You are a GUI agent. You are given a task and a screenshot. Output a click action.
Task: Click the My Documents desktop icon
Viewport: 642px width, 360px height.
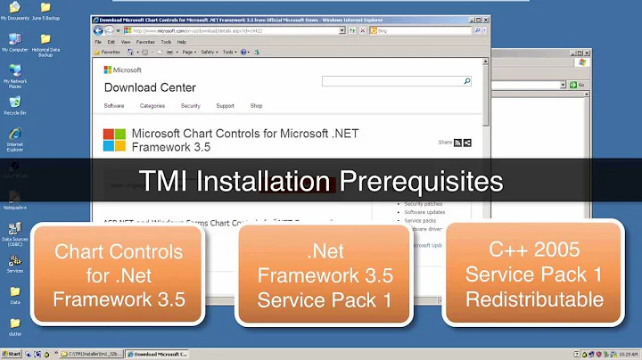click(x=14, y=11)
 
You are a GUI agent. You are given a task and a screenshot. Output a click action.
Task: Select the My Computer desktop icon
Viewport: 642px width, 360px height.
click(x=14, y=40)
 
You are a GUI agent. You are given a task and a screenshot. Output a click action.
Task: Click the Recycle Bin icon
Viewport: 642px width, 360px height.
click(x=14, y=103)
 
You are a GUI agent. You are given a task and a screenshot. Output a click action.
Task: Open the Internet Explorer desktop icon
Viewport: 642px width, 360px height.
click(x=14, y=135)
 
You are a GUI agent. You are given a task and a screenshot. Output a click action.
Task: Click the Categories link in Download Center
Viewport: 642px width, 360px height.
click(x=152, y=106)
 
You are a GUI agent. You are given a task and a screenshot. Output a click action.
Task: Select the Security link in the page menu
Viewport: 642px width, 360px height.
click(x=190, y=106)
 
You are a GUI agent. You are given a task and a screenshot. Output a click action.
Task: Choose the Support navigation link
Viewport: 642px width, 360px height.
click(x=225, y=106)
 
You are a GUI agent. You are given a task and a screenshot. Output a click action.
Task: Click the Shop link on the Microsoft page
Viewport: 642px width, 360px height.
click(x=256, y=106)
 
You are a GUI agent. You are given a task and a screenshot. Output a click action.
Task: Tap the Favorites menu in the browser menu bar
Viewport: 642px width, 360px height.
click(x=145, y=42)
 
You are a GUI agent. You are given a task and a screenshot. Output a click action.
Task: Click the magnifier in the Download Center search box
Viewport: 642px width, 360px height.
click(x=466, y=81)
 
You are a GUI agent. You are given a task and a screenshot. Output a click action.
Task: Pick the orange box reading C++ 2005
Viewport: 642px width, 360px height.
click(x=533, y=275)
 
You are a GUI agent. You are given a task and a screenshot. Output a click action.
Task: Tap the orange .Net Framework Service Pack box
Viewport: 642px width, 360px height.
click(x=324, y=275)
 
